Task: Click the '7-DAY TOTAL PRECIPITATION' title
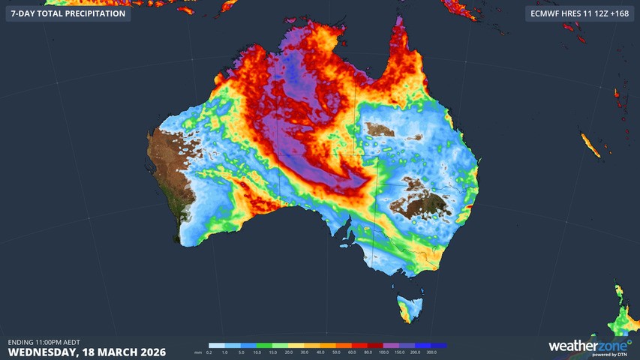coord(68,13)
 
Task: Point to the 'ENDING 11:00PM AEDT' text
coord(44,341)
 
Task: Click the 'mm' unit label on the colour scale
coord(198,352)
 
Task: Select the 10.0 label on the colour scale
coord(257,352)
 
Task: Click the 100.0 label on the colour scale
coord(383,352)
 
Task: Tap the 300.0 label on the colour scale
coord(431,352)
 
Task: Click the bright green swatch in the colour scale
coord(265,345)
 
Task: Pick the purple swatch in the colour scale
coord(391,345)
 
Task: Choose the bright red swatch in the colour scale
coord(359,345)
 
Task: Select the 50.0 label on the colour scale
coord(336,352)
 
